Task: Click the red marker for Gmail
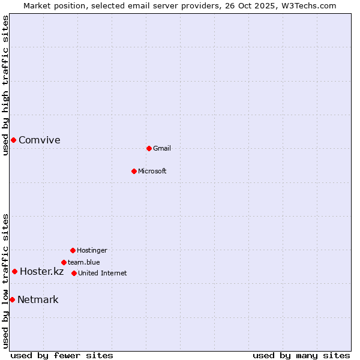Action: tap(149, 148)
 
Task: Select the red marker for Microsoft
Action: tap(134, 171)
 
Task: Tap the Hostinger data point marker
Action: tap(73, 250)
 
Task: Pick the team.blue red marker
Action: tap(64, 262)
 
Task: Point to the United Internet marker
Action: tap(74, 273)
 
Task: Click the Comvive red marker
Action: tap(13, 140)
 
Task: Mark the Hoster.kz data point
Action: tap(14, 271)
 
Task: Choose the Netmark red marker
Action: tap(12, 299)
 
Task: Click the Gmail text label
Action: tap(162, 149)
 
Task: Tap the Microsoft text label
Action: tap(152, 172)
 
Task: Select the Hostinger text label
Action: tap(92, 251)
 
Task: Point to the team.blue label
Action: tap(84, 263)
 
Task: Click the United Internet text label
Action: tap(103, 274)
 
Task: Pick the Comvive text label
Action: tap(40, 140)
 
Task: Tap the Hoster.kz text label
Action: tap(41, 272)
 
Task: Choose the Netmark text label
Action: tap(38, 300)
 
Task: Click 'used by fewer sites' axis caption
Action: tap(62, 356)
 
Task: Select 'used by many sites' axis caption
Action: tap(301, 356)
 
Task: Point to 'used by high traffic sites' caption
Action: tap(6, 85)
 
